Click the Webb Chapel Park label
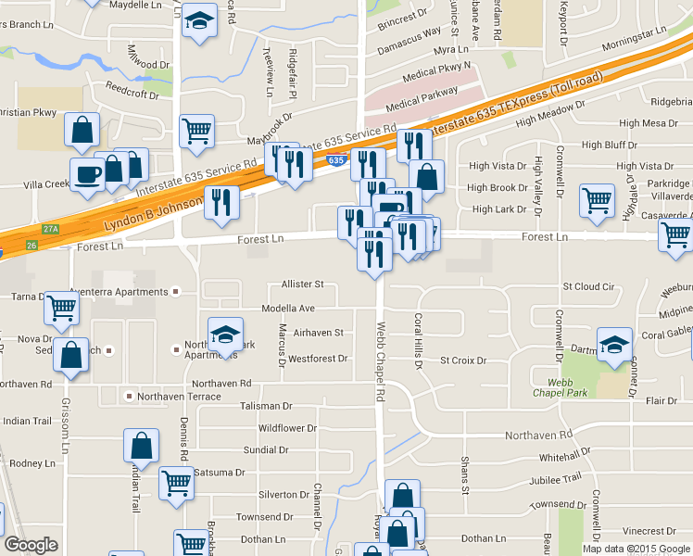pyautogui.click(x=561, y=386)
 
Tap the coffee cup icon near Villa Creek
pyautogui.click(x=88, y=174)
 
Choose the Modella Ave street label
pyautogui.click(x=288, y=308)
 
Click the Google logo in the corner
pyautogui.click(x=31, y=545)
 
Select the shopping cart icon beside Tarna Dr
pyautogui.click(x=62, y=309)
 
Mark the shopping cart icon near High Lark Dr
pyautogui.click(x=598, y=200)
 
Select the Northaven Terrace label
pyautogui.click(x=179, y=397)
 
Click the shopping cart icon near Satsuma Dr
pyautogui.click(x=176, y=481)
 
